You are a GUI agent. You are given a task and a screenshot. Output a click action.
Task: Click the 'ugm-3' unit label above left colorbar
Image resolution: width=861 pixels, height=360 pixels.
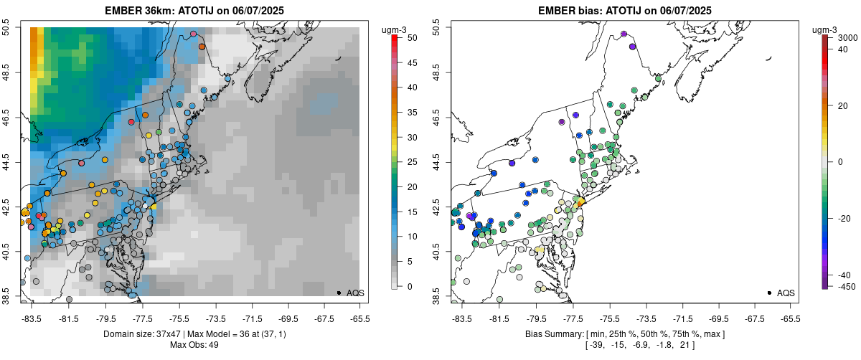pyautogui.click(x=395, y=29)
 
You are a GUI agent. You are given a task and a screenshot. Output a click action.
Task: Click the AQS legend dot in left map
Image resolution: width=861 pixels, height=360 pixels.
pyautogui.click(x=338, y=293)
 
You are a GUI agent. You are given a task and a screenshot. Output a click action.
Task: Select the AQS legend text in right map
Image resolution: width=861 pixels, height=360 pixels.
pyautogui.click(x=786, y=293)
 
